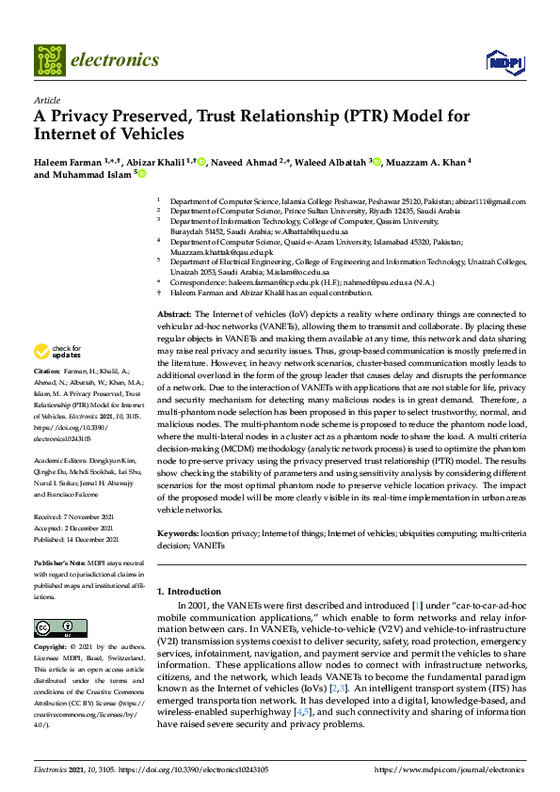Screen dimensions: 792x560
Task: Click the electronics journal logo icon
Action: tap(50, 60)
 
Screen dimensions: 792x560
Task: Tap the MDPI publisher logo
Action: tap(504, 62)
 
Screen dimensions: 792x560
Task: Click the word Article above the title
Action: tap(46, 100)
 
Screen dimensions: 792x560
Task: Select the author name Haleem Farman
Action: tap(68, 162)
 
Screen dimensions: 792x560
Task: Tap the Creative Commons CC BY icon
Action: tap(55, 628)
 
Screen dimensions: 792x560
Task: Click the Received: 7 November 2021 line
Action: tap(75, 517)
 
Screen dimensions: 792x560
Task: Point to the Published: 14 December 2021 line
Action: tap(77, 540)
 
